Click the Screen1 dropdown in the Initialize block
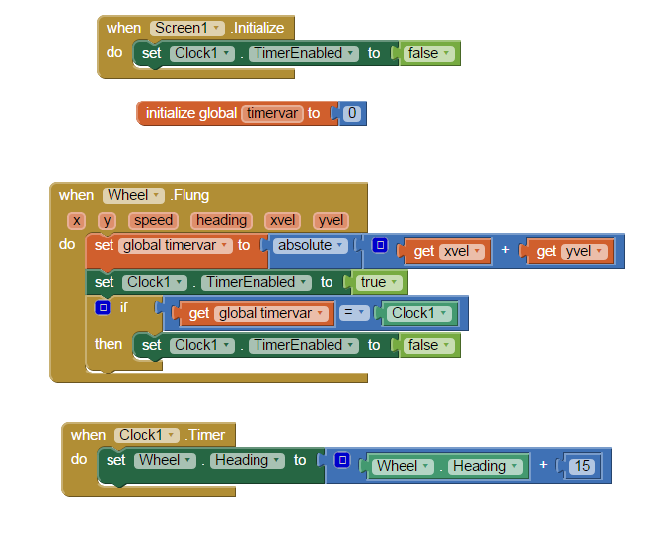coord(186,28)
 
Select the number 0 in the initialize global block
coord(352,113)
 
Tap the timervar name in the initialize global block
coord(271,113)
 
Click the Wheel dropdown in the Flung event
coord(132,195)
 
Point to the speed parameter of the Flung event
coord(153,221)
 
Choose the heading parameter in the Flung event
coord(221,221)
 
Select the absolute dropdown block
coord(312,245)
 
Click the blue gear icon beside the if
coord(102,307)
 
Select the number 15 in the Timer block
coord(581,466)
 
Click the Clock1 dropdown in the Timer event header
coord(147,435)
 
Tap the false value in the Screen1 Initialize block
coord(428,53)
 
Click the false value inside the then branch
coord(428,345)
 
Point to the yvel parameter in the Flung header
coord(331,221)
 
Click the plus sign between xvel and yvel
coord(505,251)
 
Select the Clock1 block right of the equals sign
coord(418,313)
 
